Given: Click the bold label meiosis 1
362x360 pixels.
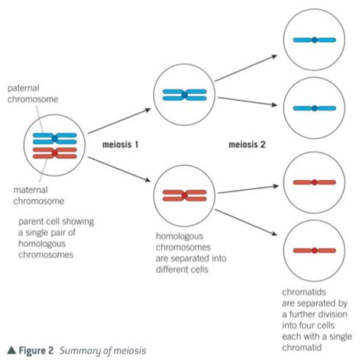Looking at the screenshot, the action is coord(120,144).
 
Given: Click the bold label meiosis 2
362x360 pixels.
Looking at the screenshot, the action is coord(247,144).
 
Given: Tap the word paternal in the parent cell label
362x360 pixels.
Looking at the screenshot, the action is coord(24,88).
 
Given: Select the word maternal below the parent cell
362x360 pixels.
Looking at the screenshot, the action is coord(31,190).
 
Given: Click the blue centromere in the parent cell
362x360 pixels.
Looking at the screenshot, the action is coord(55,139).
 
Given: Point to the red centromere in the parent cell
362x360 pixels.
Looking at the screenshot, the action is coord(55,153).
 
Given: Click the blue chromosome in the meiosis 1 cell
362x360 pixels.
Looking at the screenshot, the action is coord(185,95).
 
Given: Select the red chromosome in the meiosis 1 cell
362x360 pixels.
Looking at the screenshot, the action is coord(185,195).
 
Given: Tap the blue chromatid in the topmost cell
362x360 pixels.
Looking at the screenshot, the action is coord(315,40).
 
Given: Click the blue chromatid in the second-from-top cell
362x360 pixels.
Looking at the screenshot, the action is coord(315,108).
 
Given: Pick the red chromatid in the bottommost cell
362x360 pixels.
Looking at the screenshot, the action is coord(315,251).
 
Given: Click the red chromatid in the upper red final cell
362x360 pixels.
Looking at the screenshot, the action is coord(315,182).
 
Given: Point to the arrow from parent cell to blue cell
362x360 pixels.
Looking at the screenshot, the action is coord(119,121).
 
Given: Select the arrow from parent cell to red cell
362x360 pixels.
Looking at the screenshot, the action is coord(119,169).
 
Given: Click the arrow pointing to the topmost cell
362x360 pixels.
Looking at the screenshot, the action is coord(246,68).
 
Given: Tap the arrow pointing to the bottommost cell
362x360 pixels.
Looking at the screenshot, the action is coord(246,223).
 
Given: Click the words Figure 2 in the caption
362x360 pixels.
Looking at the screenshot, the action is coord(36,351).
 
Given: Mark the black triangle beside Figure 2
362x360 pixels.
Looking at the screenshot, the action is coord(11,350).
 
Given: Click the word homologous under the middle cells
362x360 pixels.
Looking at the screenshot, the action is coord(179,236).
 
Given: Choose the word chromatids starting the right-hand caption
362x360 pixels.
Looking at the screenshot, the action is coord(304,292).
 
